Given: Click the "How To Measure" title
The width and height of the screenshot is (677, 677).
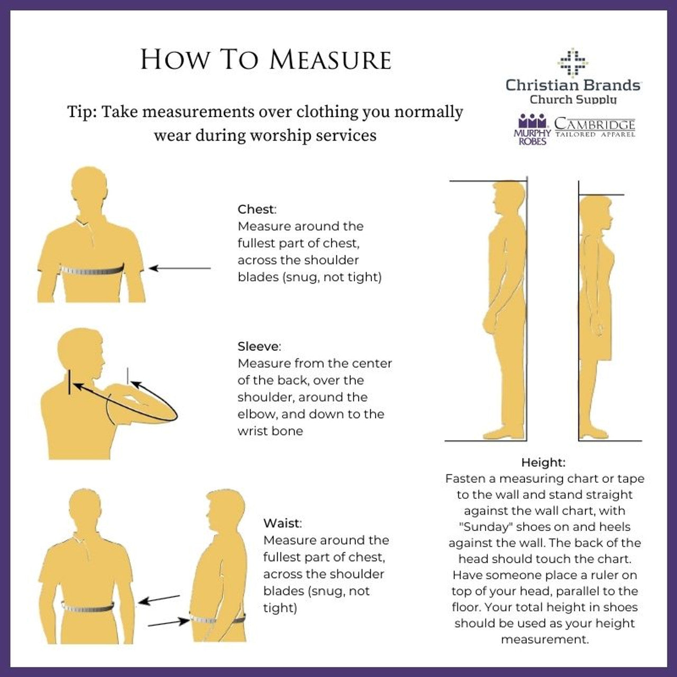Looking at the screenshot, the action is tap(266, 60).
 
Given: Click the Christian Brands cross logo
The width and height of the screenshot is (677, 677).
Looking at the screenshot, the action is tap(573, 62).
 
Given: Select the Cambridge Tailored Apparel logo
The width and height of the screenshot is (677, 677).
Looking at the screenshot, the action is tap(595, 127).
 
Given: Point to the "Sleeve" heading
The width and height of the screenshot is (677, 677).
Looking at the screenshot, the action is tap(259, 346).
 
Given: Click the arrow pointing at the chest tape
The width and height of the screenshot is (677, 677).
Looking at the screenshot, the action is tap(180, 268).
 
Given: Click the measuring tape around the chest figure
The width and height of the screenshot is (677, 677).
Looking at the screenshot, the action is tap(92, 270).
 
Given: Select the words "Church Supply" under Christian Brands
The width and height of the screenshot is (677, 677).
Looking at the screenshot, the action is tap(573, 100).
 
